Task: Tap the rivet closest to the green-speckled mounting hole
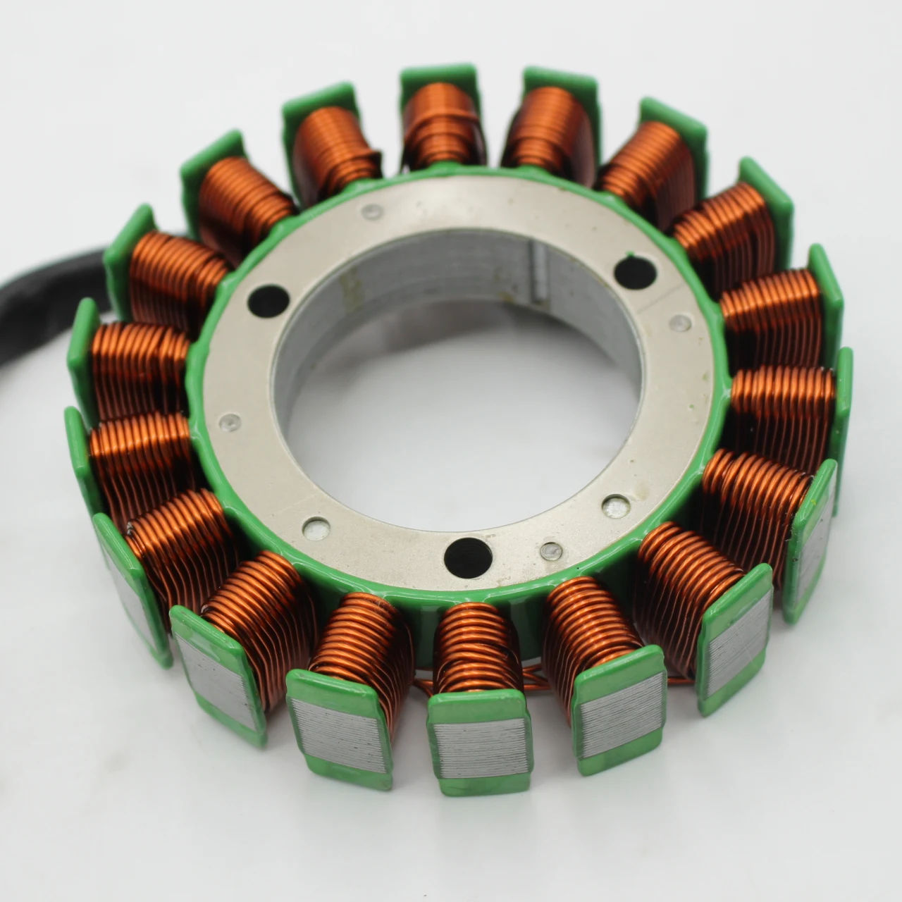click(x=680, y=323)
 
